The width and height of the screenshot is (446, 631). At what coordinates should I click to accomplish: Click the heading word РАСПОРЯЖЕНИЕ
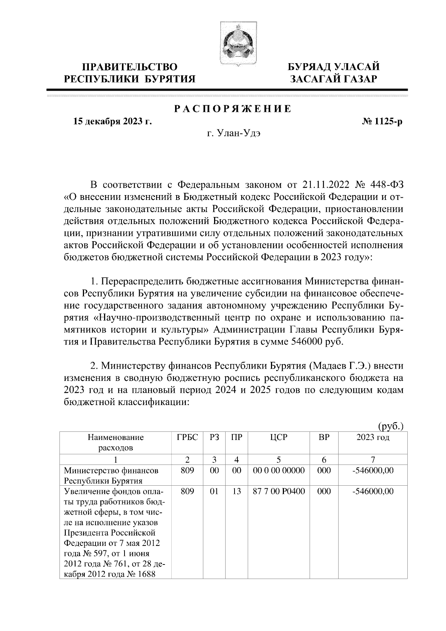click(x=233, y=109)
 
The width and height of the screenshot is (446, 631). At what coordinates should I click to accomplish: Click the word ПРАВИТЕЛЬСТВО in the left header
click(x=130, y=67)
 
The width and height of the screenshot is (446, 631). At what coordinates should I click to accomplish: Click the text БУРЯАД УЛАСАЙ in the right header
click(x=334, y=67)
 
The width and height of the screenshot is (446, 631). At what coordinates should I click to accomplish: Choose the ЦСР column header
click(x=279, y=437)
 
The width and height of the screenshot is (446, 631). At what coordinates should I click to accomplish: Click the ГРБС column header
click(x=187, y=437)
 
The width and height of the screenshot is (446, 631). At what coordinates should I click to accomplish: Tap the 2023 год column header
click(x=373, y=437)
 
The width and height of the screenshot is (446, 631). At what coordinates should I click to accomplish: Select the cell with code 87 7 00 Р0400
click(x=279, y=491)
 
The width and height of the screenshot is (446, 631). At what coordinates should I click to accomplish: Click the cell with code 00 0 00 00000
click(x=279, y=470)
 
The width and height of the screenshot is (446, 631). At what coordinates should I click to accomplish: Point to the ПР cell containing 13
click(x=236, y=491)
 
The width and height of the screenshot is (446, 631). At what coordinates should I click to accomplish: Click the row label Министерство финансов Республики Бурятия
click(x=111, y=476)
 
